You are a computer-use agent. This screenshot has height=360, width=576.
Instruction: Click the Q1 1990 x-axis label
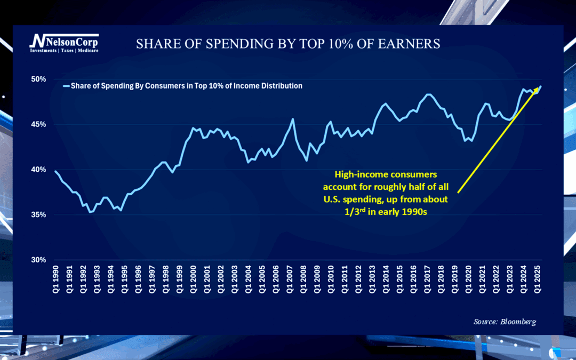tap(56, 279)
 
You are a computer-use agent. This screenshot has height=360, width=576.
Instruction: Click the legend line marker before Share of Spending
tap(66, 86)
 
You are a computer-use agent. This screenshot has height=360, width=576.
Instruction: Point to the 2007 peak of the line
tap(292, 119)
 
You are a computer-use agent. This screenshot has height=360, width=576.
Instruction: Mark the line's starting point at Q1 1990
tap(55, 171)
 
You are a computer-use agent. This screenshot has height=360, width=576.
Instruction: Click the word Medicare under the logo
tap(87, 51)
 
